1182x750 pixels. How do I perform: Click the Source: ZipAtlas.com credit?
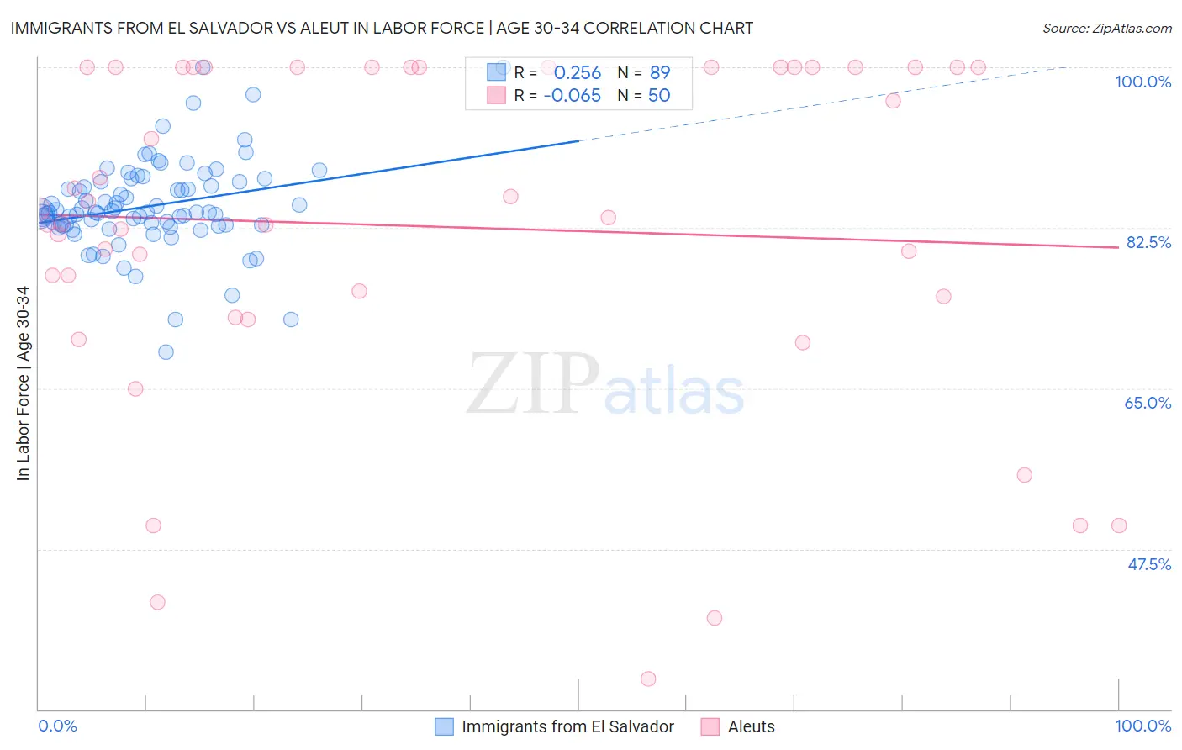(x=1106, y=28)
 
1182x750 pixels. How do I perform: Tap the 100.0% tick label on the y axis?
(x=1142, y=82)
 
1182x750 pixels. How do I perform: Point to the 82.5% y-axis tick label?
(x=1148, y=242)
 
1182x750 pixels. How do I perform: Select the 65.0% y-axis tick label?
(x=1148, y=403)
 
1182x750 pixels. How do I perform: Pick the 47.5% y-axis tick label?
(x=1148, y=564)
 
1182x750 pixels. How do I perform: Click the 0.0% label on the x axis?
(x=57, y=726)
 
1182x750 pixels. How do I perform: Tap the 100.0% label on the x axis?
(x=1142, y=726)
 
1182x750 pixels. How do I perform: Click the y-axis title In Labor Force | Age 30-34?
(x=23, y=383)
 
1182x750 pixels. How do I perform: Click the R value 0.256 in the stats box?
(x=578, y=73)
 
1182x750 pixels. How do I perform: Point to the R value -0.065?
(x=573, y=96)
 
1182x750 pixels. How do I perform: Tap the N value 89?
(x=660, y=73)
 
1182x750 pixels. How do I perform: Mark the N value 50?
(x=659, y=96)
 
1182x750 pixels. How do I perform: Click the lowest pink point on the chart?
(x=648, y=679)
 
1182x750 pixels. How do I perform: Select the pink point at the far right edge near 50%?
(x=1119, y=526)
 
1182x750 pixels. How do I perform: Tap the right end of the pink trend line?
(x=1118, y=247)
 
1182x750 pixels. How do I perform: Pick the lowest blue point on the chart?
(x=166, y=351)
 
